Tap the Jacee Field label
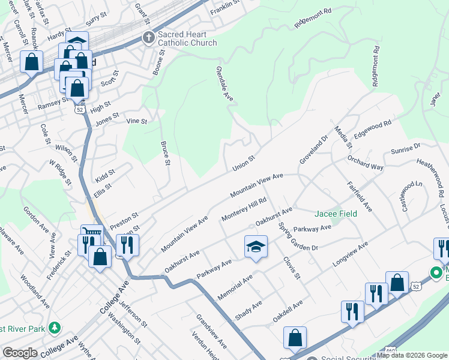tap(336, 214)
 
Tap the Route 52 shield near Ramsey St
tap(79, 110)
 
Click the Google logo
tap(20, 353)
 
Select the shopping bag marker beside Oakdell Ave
tap(295, 337)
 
